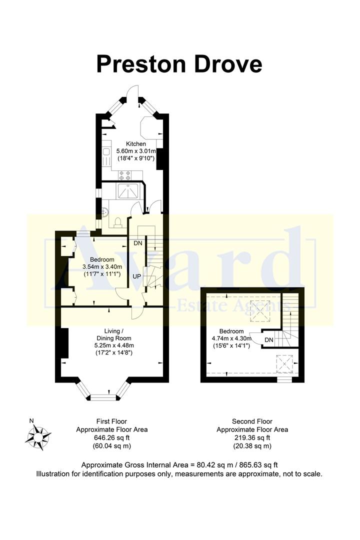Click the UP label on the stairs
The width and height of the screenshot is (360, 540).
[136, 276]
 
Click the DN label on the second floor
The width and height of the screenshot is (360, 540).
[268, 340]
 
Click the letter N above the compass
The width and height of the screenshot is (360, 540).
[31, 420]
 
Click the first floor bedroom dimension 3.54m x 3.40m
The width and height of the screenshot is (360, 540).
[102, 267]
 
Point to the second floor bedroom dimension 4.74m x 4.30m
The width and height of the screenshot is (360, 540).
[231, 338]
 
